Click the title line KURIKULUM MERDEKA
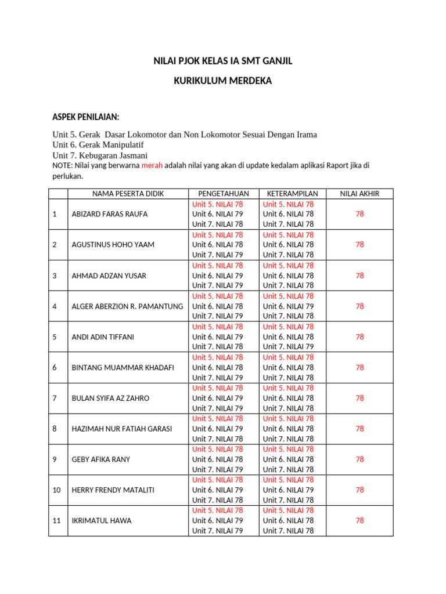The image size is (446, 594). pyautogui.click(x=223, y=81)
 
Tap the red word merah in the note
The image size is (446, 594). pyautogui.click(x=152, y=165)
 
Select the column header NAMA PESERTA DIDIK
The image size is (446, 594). pyautogui.click(x=128, y=194)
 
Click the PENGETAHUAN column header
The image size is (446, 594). pyautogui.click(x=224, y=194)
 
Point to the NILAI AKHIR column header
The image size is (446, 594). pyautogui.click(x=359, y=194)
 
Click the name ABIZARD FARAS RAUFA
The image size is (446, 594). pyautogui.click(x=109, y=214)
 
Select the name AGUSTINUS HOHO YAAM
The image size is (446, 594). pyautogui.click(x=113, y=245)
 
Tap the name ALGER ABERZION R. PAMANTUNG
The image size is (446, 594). pyautogui.click(x=127, y=306)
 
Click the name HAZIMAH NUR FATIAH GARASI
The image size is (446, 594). pyautogui.click(x=121, y=429)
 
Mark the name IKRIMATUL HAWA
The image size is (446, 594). pyautogui.click(x=101, y=521)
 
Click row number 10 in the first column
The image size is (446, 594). pyautogui.click(x=56, y=490)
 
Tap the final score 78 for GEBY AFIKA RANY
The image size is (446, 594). pyautogui.click(x=360, y=459)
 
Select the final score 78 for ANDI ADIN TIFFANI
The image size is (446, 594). pyautogui.click(x=360, y=337)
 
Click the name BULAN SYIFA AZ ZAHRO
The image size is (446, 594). pyautogui.click(x=110, y=399)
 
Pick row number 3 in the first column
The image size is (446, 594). pyautogui.click(x=55, y=276)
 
